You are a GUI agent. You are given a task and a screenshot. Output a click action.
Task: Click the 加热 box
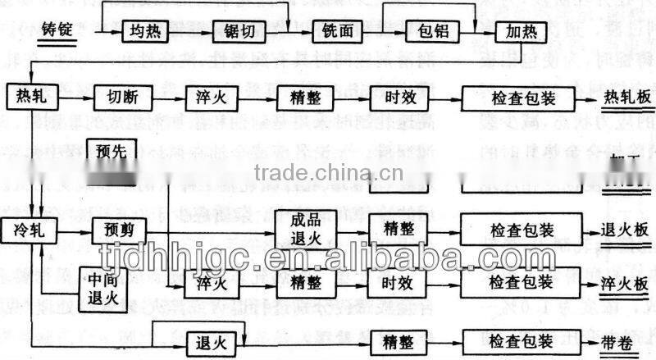point(520,34)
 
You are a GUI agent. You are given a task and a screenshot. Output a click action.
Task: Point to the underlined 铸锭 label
point(57,34)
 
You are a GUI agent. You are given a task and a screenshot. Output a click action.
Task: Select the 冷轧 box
point(30,230)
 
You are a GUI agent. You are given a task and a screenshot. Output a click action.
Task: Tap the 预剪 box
point(118,230)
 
